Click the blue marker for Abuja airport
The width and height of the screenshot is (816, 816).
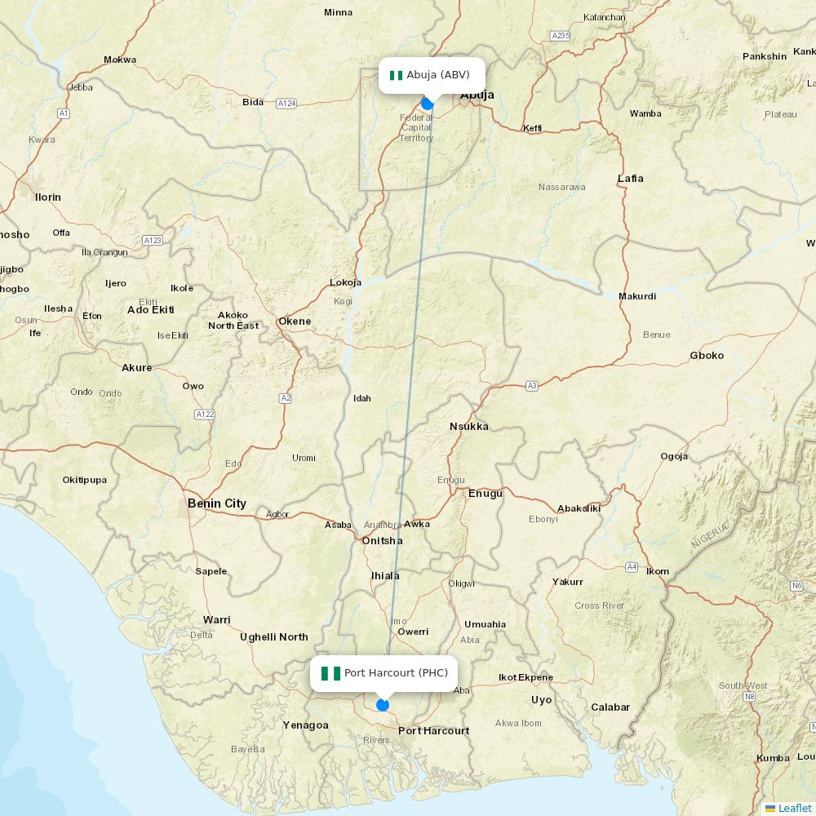(428, 104)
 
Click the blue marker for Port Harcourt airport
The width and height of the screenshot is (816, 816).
(383, 705)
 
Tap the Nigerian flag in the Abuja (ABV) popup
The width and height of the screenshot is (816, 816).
(396, 75)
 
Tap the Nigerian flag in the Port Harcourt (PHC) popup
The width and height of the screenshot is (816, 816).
(330, 673)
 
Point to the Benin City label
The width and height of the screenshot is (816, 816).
(217, 503)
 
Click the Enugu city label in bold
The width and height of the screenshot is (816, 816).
(486, 494)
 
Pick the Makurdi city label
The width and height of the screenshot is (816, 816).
(637, 296)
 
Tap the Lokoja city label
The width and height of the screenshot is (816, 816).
(345, 282)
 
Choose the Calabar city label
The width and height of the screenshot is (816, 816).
(610, 707)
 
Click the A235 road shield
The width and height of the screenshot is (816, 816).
(561, 35)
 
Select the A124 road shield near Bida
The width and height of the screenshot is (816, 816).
(286, 104)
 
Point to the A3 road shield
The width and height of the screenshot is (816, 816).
(532, 385)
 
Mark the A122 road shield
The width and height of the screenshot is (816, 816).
(205, 415)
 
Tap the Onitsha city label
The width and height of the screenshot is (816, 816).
(383, 540)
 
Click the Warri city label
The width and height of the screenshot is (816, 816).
(217, 620)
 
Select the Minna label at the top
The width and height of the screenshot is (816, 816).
(338, 12)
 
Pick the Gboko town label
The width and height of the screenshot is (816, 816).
(707, 356)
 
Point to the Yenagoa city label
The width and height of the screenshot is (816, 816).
(306, 725)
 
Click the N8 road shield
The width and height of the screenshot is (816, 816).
(749, 697)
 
